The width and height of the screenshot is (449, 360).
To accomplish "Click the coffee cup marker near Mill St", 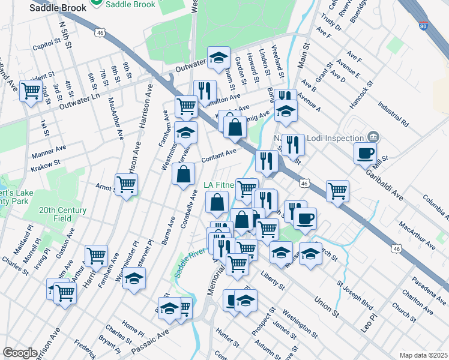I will [x=365, y=154].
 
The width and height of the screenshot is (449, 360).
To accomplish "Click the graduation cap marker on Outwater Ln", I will [x=218, y=58].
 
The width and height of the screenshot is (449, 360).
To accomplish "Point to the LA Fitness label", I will [x=221, y=185].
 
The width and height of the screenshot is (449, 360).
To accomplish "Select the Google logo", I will [x=20, y=352].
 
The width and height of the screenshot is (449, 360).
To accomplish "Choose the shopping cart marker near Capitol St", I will [x=30, y=92].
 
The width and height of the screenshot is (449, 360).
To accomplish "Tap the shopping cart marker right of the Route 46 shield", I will [x=338, y=191].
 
